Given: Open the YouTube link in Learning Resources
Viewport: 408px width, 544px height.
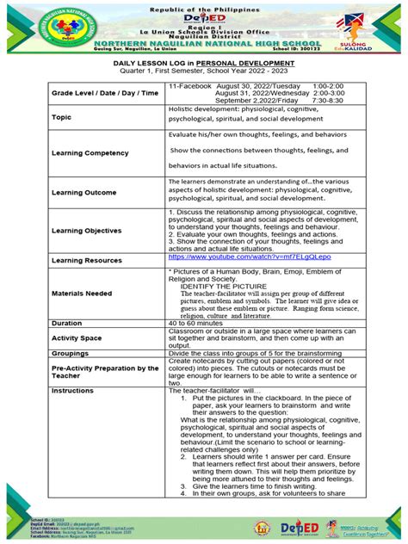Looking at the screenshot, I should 226,257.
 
